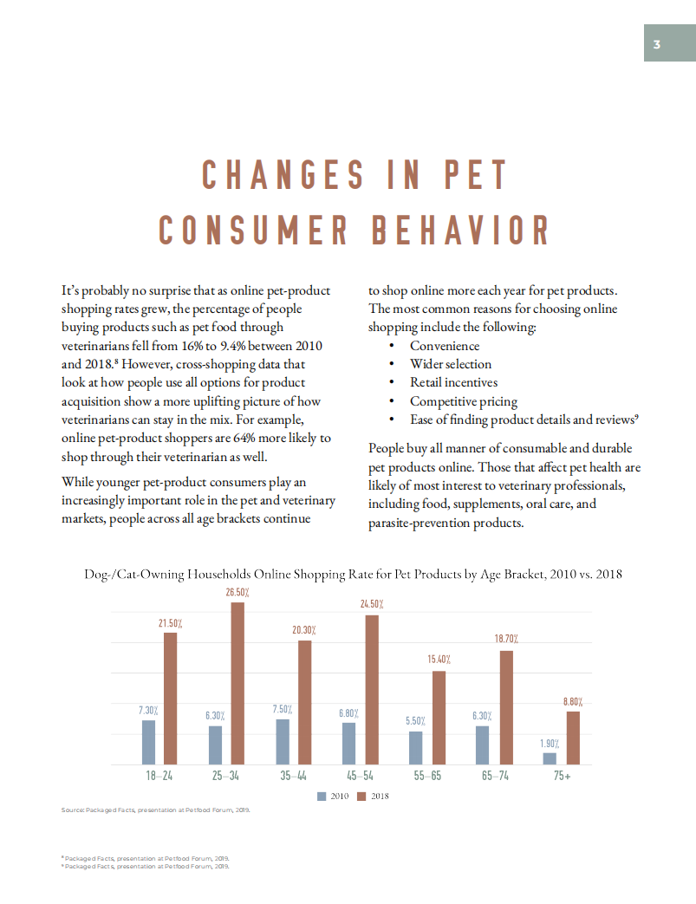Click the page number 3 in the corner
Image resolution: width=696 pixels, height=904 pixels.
pyautogui.click(x=657, y=45)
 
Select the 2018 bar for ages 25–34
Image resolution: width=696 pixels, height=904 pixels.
pyautogui.click(x=237, y=683)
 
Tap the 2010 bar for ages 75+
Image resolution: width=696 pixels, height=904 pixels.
pyautogui.click(x=550, y=758)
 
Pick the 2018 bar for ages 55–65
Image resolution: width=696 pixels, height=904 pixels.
pyautogui.click(x=439, y=718)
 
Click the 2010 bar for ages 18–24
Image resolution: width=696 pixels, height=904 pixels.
pyautogui.click(x=148, y=742)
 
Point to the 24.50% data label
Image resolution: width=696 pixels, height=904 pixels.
pyautogui.click(x=372, y=603)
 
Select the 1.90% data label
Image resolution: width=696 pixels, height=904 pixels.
pyautogui.click(x=550, y=744)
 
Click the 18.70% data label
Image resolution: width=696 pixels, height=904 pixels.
pyautogui.click(x=506, y=639)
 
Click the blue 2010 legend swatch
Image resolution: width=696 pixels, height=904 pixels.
pyautogui.click(x=322, y=796)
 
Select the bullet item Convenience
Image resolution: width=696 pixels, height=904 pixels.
pyautogui.click(x=445, y=346)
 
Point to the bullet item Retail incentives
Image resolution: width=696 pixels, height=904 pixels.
pyautogui.click(x=453, y=382)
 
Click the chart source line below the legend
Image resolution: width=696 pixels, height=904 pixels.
pyautogui.click(x=156, y=810)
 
